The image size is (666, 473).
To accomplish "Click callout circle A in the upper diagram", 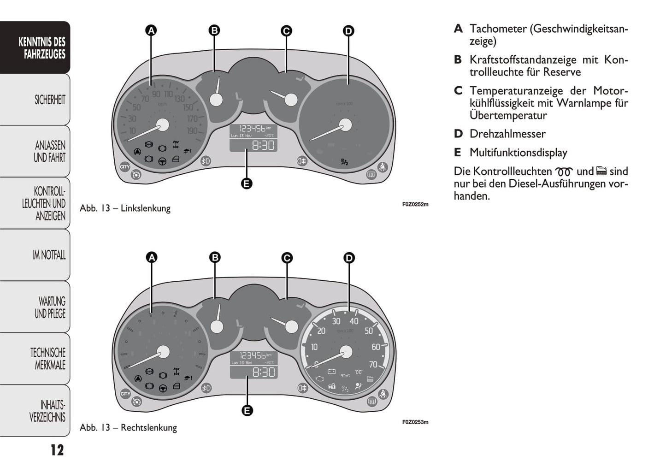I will [151, 30].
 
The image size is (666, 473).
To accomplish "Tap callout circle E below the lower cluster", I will [247, 410].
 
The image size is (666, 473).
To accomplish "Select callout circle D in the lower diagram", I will [349, 258].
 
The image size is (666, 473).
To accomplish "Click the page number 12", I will [57, 450].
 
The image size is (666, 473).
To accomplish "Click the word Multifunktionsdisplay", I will [518, 153].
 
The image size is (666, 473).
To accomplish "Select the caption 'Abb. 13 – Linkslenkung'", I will [125, 208].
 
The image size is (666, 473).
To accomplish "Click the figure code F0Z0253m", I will [415, 422].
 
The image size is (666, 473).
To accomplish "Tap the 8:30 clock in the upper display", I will [263, 146].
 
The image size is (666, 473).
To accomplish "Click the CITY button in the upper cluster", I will [125, 167].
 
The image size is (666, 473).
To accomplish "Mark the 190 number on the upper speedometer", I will [192, 131].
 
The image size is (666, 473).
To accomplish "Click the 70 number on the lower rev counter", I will [373, 365].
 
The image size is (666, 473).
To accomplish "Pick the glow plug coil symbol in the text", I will [564, 172].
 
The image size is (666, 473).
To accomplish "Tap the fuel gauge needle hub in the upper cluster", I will [216, 100].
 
